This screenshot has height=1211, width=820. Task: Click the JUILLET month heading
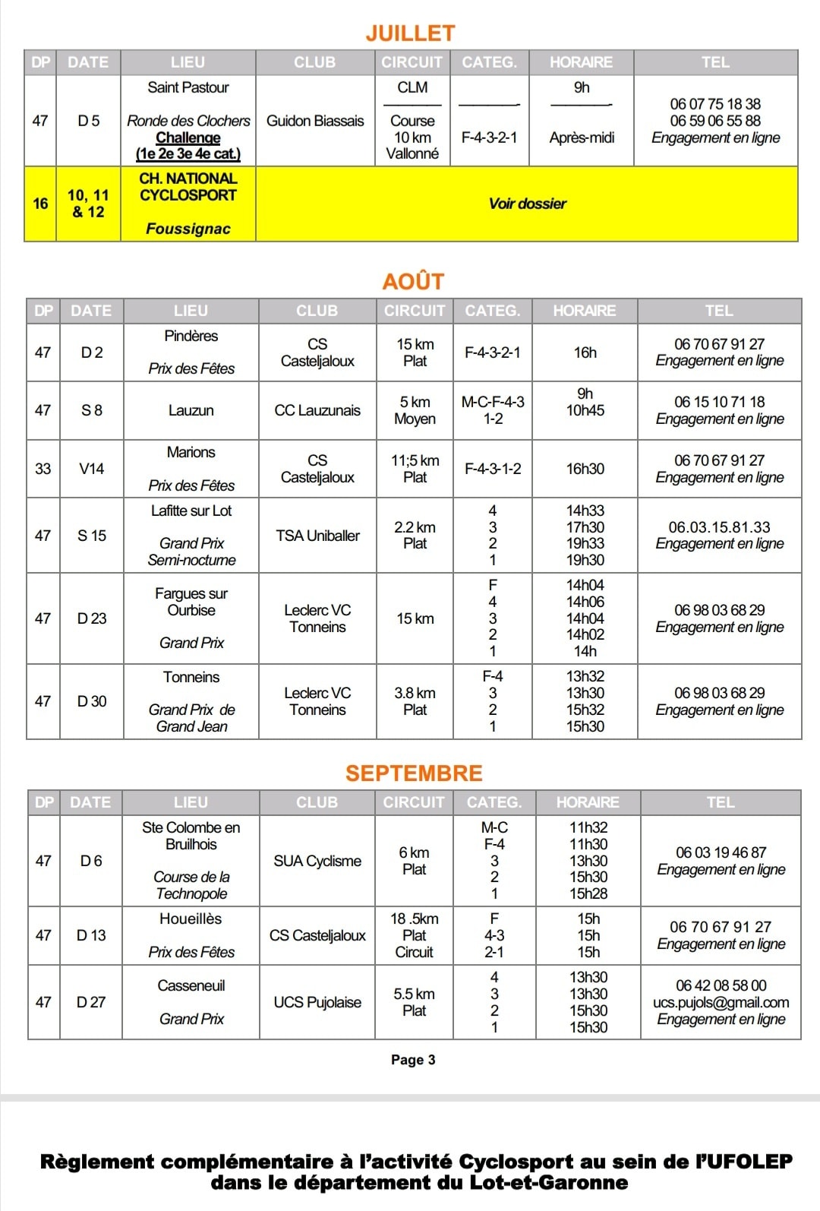[x=410, y=33]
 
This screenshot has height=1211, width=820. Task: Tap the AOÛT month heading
[x=413, y=282]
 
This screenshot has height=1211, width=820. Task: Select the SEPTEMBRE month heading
[x=414, y=773]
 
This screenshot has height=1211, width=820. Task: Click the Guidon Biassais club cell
[x=315, y=121]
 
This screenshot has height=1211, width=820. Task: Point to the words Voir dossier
[x=527, y=204]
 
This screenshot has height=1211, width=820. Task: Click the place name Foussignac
[x=188, y=229]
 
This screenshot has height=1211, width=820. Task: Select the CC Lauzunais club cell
[x=317, y=410]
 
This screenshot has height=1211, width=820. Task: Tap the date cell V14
[x=91, y=469]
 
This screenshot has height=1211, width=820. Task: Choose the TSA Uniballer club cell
[x=317, y=536]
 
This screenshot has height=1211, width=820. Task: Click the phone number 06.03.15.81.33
[x=719, y=527]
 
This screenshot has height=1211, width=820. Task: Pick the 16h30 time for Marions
[x=585, y=469]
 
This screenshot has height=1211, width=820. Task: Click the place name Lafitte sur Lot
[x=191, y=511]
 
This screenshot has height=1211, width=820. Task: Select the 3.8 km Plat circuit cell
[x=415, y=701]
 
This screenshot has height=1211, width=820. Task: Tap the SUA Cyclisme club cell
[x=317, y=861]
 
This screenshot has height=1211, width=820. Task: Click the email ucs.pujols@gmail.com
[x=721, y=1003]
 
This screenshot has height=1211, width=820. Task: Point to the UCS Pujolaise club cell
[x=317, y=1002]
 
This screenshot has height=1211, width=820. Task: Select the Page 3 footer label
[x=413, y=1060]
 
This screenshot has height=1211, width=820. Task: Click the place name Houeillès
[x=191, y=919]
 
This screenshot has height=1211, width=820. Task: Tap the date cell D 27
[x=91, y=1002]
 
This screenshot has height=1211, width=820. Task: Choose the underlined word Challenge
[x=188, y=138]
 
